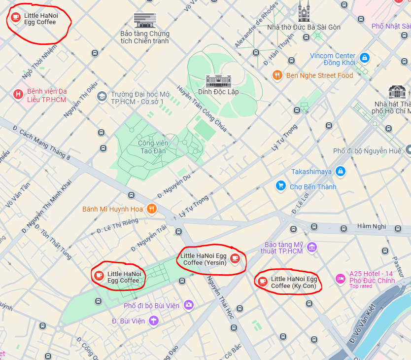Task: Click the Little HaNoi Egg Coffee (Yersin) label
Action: [x=204, y=259]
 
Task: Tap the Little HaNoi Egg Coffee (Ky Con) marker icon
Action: [x=262, y=281]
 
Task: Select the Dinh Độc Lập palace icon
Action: [x=215, y=80]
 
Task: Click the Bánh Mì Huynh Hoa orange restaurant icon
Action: [x=151, y=209]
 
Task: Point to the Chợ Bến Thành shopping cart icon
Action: [x=281, y=186]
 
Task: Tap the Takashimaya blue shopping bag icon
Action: [x=340, y=172]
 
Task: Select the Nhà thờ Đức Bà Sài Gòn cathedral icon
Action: [x=304, y=11]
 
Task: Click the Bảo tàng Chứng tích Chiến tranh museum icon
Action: [x=145, y=20]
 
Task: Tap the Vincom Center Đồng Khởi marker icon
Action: [x=364, y=58]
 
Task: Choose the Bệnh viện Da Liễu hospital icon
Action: [x=18, y=94]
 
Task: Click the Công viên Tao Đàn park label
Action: [x=153, y=146]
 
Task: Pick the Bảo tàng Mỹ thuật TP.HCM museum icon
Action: [x=311, y=247]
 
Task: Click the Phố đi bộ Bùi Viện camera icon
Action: [x=188, y=305]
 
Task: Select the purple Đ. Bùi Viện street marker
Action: [x=154, y=321]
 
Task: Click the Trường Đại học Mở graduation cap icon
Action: [x=102, y=96]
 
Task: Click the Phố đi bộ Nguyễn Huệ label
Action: [x=367, y=151]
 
